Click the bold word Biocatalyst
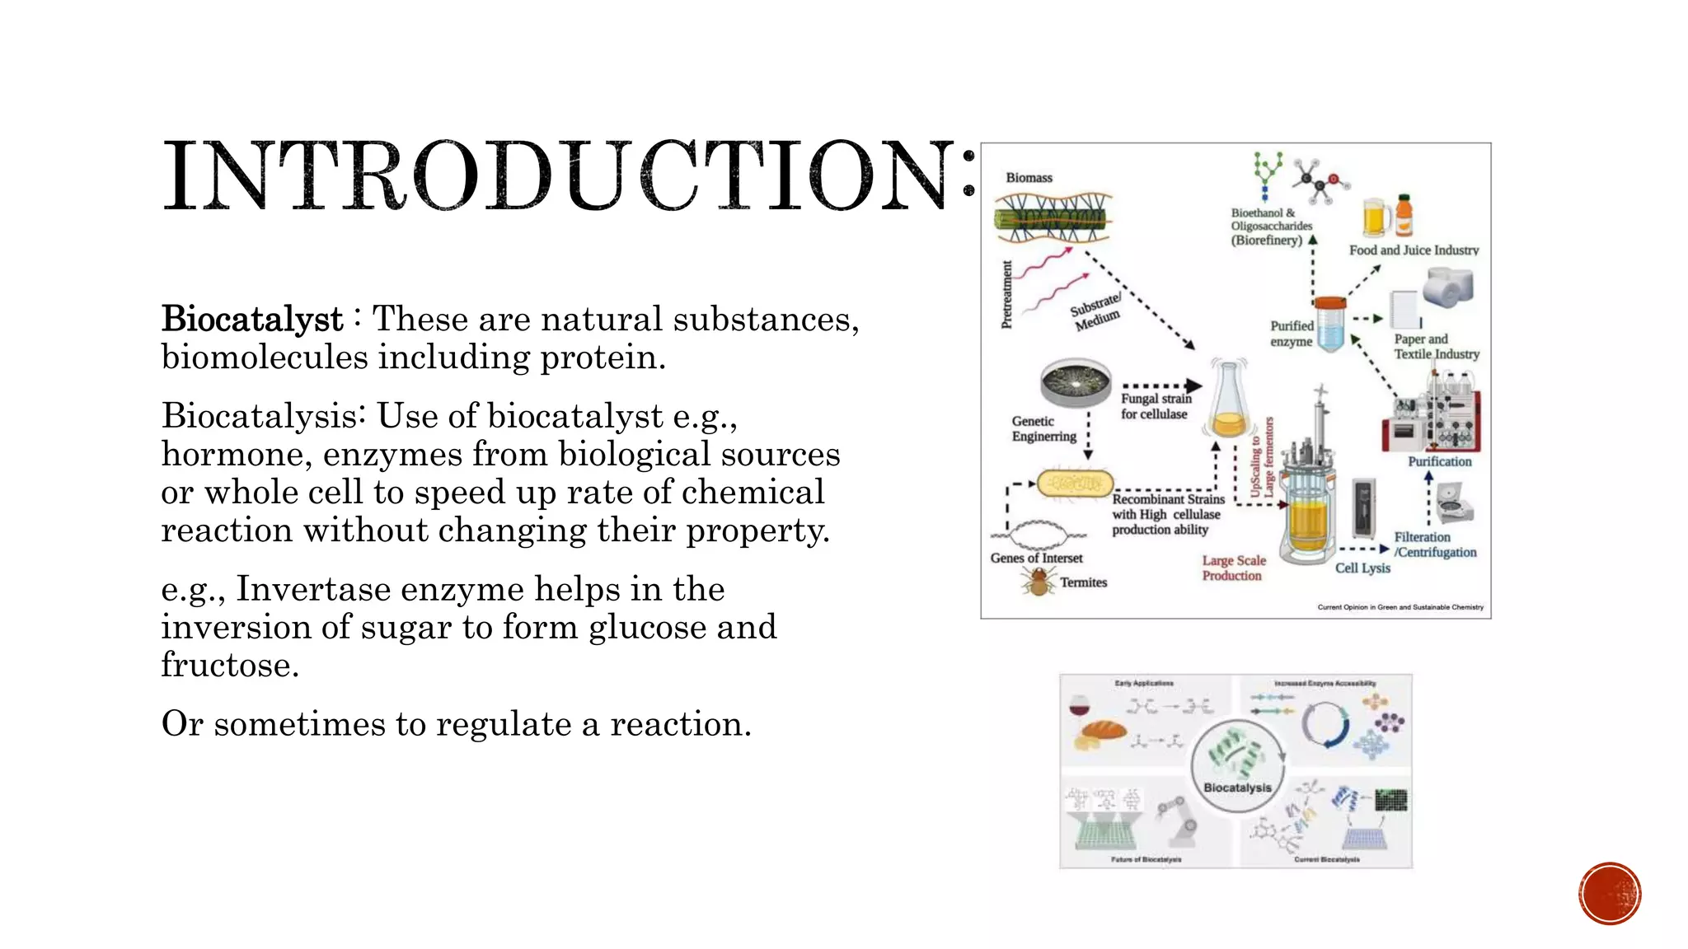[252, 320]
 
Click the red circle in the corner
[1610, 894]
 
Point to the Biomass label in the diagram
[1029, 178]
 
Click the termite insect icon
[1038, 582]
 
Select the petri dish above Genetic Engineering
[1076, 384]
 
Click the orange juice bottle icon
[1404, 215]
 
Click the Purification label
[1439, 462]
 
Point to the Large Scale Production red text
[1233, 568]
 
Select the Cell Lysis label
[1362, 568]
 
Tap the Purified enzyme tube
[1329, 325]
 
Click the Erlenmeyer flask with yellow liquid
[1228, 402]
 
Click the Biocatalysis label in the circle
[1237, 788]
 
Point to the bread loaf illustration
[1104, 731]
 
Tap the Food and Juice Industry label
[1414, 250]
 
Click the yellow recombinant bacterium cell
[1075, 484]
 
